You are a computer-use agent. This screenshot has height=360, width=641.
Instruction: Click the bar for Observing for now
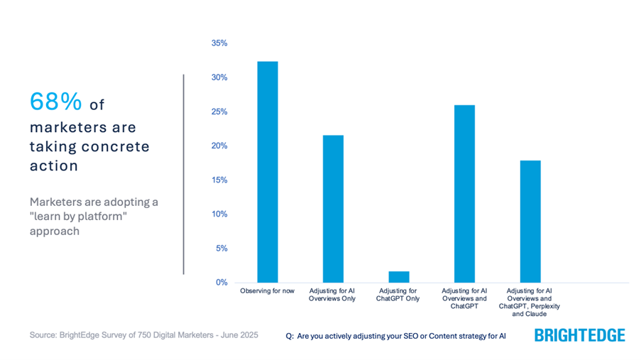pyautogui.click(x=268, y=172)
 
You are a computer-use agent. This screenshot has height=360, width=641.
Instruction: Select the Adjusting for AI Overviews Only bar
pyautogui.click(x=333, y=209)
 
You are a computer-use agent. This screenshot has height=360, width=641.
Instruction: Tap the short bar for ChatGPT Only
pyautogui.click(x=399, y=277)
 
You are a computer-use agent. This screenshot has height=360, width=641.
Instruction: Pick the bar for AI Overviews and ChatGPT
pyautogui.click(x=464, y=194)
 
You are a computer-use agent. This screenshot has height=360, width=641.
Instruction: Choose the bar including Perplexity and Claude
pyautogui.click(x=530, y=222)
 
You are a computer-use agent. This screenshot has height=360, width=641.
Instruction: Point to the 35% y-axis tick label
pyautogui.click(x=219, y=43)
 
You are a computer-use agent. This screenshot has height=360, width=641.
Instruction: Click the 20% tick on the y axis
pyautogui.click(x=219, y=146)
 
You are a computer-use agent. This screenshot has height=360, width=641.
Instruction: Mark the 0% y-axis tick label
pyautogui.click(x=221, y=283)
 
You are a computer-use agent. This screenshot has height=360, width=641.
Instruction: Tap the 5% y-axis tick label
pyautogui.click(x=221, y=249)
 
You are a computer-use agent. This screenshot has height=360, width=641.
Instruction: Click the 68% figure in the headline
pyautogui.click(x=56, y=102)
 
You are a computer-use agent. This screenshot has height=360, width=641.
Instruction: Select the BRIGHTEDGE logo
pyautogui.click(x=580, y=335)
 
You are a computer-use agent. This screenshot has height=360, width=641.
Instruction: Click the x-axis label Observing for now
pyautogui.click(x=268, y=291)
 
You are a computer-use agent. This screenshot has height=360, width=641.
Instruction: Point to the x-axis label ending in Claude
pyautogui.click(x=530, y=302)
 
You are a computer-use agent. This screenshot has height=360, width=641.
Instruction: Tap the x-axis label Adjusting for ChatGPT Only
pyautogui.click(x=399, y=295)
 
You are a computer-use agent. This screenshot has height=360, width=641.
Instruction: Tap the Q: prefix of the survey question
pyautogui.click(x=289, y=335)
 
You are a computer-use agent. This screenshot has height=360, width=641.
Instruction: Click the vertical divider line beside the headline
pyautogui.click(x=183, y=174)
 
